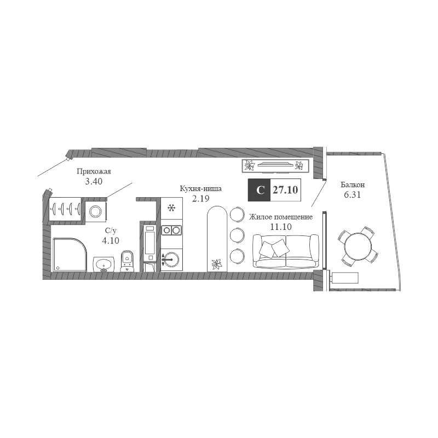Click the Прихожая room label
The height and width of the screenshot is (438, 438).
94,171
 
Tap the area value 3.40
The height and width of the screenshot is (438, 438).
94,181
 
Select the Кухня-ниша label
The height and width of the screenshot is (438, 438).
200,188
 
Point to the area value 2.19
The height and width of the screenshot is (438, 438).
200,199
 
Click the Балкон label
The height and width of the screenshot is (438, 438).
353,185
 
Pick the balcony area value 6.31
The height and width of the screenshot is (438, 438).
353,195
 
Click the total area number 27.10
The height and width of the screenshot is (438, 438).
285,190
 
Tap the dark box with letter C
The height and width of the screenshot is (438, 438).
259,190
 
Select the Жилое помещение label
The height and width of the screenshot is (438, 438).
281,217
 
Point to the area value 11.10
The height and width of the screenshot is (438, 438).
281,227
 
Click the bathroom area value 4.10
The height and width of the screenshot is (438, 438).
111,240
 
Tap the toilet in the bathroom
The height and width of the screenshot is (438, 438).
128,261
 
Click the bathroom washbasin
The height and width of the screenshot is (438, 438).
103,264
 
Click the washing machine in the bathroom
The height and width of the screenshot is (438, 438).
96,212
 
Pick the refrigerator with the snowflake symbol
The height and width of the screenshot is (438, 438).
171,208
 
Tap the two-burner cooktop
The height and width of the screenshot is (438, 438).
171,230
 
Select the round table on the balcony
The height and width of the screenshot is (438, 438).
358,246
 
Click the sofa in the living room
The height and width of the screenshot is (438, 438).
285,251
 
